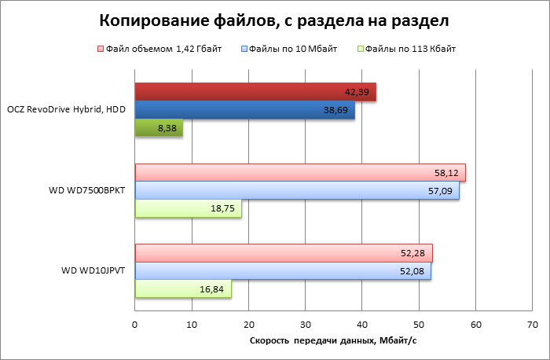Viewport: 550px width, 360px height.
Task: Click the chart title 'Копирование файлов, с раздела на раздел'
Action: click(x=275, y=19)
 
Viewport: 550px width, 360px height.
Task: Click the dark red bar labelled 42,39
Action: click(x=255, y=92)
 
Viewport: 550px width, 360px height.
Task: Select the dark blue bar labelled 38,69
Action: click(x=244, y=111)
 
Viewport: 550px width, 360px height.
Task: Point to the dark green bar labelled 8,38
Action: click(x=159, y=129)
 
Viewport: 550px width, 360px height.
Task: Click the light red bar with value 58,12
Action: click(x=300, y=172)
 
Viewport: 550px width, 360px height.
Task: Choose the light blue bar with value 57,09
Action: click(x=297, y=191)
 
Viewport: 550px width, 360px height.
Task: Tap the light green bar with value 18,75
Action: click(x=188, y=209)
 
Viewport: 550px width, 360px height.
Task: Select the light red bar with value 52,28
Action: click(x=284, y=253)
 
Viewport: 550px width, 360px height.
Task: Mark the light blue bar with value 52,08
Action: click(x=283, y=271)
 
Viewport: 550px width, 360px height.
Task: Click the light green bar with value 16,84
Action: click(x=183, y=289)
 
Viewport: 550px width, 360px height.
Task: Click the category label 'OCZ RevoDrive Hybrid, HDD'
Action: click(x=66, y=110)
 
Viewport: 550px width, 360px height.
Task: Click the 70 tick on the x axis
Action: click(x=533, y=324)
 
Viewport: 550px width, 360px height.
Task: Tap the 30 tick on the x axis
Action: click(x=306, y=324)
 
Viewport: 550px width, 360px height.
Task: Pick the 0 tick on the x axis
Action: click(x=135, y=324)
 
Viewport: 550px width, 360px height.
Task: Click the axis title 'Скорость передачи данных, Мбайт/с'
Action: click(x=332, y=340)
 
